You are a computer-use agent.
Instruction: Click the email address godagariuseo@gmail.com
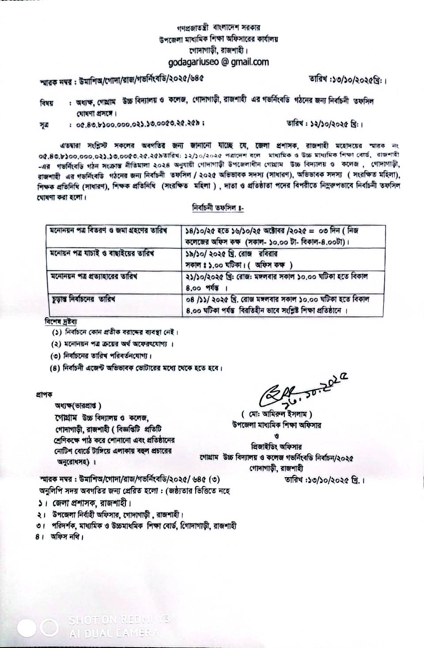tap(218, 62)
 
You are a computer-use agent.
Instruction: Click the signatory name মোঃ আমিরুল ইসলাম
tap(277, 414)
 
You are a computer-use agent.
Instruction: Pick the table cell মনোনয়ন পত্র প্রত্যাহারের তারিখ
tap(93, 277)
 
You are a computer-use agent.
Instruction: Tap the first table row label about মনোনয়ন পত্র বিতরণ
tap(108, 231)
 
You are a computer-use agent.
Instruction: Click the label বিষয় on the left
tap(46, 103)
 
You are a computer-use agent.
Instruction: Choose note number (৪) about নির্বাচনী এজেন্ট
tap(137, 368)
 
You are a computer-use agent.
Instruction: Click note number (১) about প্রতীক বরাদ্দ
tap(116, 332)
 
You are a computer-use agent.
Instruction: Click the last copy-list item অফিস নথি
tap(61, 537)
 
